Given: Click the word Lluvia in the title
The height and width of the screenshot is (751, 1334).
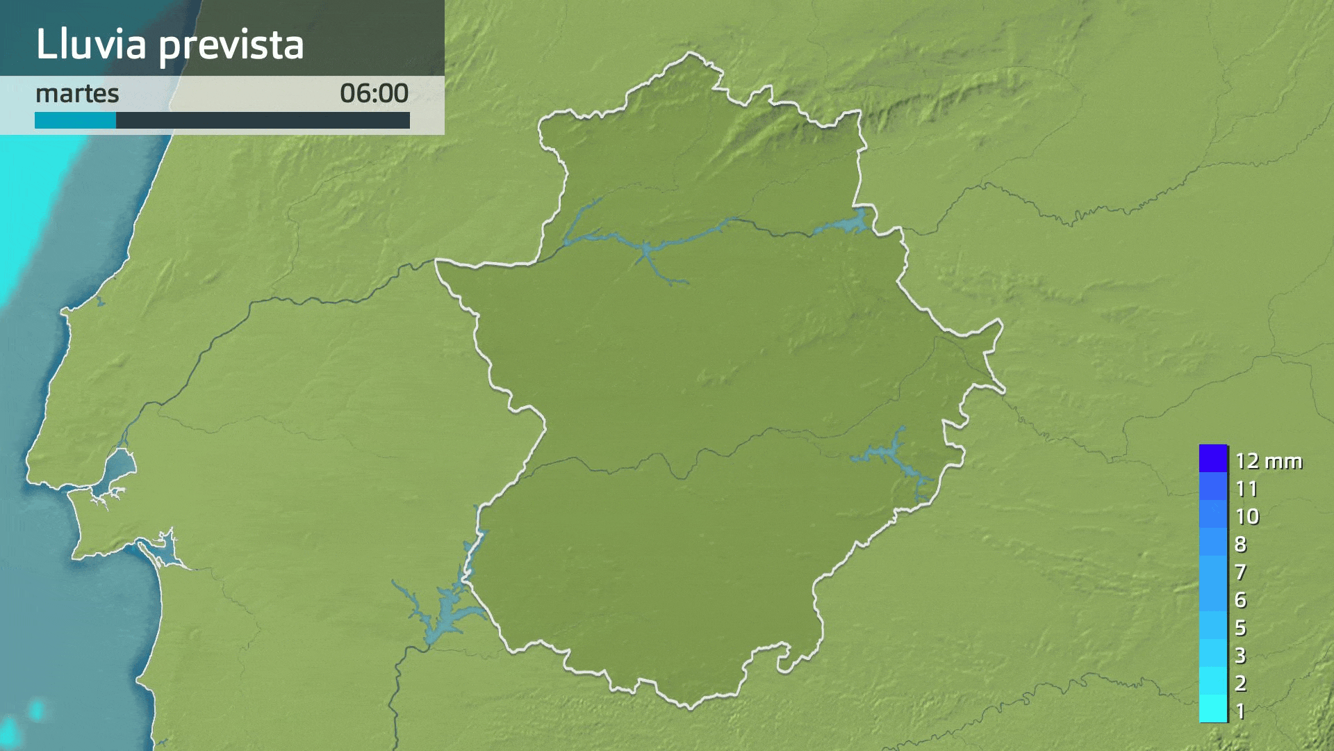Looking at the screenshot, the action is (91, 45).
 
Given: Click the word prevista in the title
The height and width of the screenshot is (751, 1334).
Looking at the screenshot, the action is (231, 46).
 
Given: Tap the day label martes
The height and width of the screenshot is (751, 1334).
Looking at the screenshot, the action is (77, 94).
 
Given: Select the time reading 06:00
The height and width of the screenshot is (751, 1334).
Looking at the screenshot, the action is (374, 94).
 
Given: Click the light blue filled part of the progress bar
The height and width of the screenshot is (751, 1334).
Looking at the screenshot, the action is (75, 120).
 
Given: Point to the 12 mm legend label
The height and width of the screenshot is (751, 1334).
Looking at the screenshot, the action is (1268, 461).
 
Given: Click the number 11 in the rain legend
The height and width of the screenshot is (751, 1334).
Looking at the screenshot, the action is (1246, 489).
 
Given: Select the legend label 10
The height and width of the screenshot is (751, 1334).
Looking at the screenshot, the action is (1247, 517).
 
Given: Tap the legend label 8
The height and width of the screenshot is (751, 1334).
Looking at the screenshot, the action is (1241, 544).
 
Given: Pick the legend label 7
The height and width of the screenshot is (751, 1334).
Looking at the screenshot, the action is (1241, 572).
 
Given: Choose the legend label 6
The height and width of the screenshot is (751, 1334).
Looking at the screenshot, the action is (1241, 600).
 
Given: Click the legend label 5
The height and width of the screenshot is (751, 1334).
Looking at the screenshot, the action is (1241, 628).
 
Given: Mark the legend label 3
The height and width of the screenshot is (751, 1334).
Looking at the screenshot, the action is (1241, 656).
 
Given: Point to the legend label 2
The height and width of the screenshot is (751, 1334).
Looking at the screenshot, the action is (1241, 684).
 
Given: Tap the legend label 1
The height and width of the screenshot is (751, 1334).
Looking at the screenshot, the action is (1241, 711).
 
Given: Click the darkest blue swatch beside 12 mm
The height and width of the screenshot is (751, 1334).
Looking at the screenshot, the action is (1213, 459).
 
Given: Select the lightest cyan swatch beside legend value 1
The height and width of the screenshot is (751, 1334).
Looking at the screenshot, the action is (1213, 709).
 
